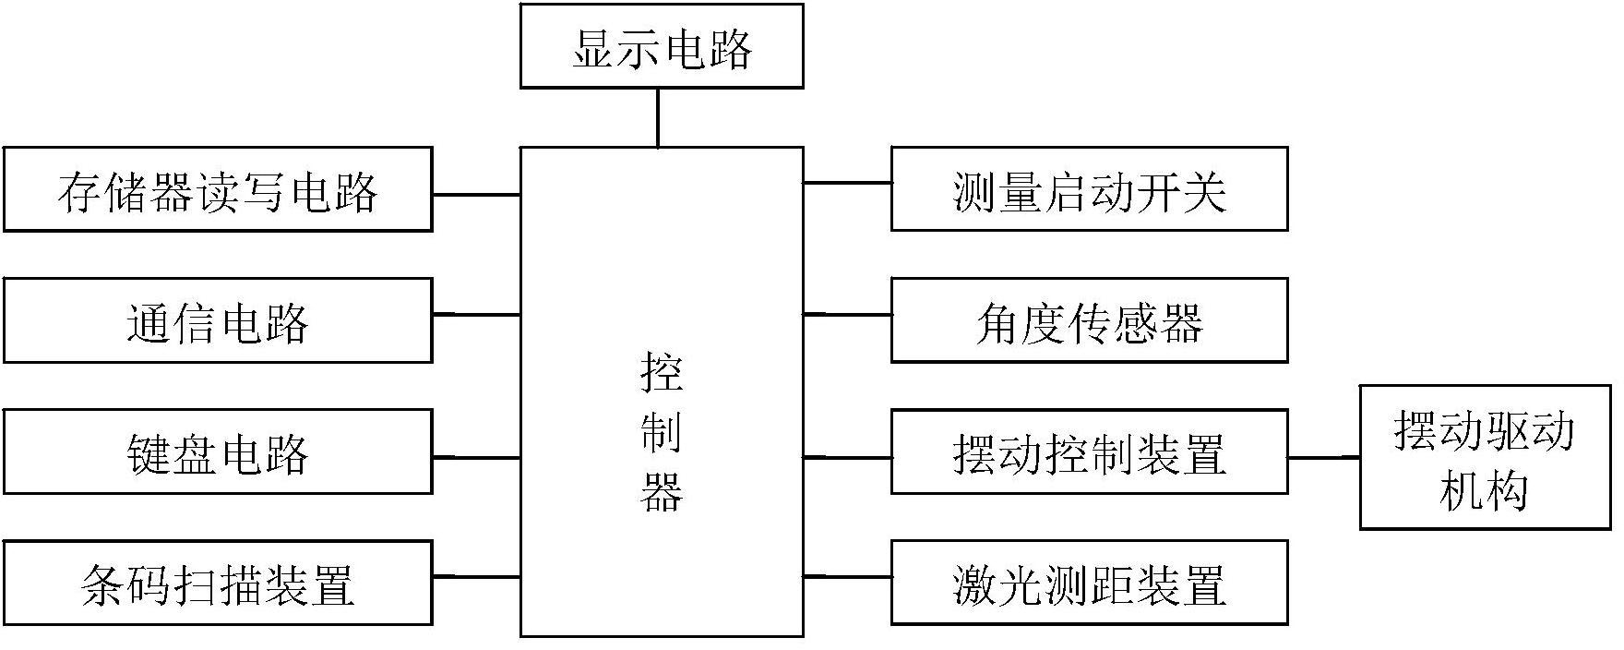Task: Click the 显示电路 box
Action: [x=662, y=46]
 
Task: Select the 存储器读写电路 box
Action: [x=218, y=189]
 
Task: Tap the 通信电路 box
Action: [x=218, y=320]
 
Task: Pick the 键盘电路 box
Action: [x=218, y=451]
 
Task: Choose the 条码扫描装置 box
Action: [x=218, y=583]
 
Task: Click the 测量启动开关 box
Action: [x=1089, y=189]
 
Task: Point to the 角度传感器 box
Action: [x=1089, y=320]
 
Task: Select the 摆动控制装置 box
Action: [x=1089, y=451]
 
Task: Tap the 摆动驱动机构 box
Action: [x=1486, y=457]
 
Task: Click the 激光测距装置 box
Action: [x=1089, y=583]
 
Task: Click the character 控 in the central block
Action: [x=662, y=374]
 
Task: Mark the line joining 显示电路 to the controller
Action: [x=658, y=117]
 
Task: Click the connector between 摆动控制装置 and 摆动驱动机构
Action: [x=1324, y=457]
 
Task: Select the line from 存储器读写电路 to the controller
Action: [x=477, y=195]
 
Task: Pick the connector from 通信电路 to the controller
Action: [x=477, y=315]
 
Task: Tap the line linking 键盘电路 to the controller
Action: [x=477, y=457]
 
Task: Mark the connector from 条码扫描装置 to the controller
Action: [x=477, y=577]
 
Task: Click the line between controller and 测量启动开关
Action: [x=847, y=183]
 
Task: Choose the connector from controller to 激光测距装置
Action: [x=847, y=577]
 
